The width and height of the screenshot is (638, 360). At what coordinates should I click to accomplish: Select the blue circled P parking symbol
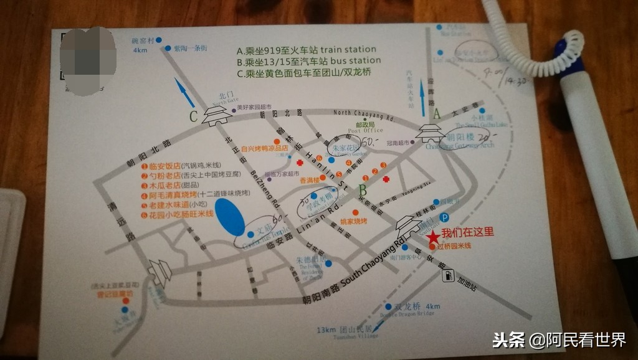tap(444, 217)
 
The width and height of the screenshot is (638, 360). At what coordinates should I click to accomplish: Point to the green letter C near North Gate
tap(194, 115)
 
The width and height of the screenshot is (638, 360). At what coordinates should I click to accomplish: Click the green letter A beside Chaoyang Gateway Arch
tap(436, 113)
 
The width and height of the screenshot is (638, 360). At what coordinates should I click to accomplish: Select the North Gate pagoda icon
tap(217, 115)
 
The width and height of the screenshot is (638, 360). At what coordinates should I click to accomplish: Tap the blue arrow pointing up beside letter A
tap(423, 100)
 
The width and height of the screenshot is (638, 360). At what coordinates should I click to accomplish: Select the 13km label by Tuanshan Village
tap(326, 329)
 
